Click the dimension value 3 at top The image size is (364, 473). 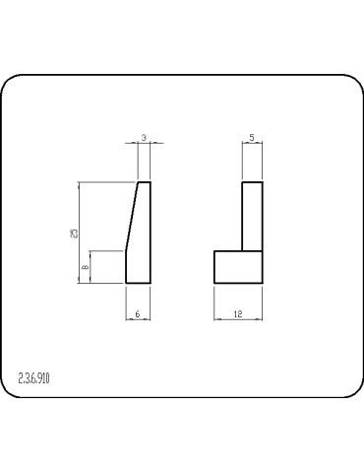pos(144,138)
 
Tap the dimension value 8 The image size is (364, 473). pos(87,266)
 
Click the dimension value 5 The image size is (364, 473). pos(253,138)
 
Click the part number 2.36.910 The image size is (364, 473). pos(34,378)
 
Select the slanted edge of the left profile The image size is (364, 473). pos(131,217)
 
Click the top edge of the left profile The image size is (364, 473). pos(144,182)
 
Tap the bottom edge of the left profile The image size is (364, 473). pos(139,284)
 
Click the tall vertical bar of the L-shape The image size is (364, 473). pos(253,217)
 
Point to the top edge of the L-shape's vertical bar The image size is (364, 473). pos(253,182)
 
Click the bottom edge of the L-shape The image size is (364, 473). pos(239,284)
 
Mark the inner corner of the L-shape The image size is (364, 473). pos(242,250)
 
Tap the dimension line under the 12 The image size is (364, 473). pos(239,318)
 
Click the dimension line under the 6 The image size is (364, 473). pos(139,318)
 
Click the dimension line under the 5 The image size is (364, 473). pos(253,145)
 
